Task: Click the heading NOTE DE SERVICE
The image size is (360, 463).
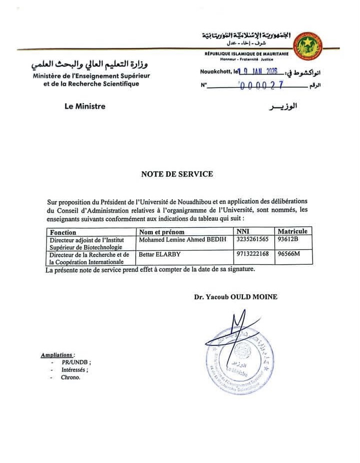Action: tap(177, 174)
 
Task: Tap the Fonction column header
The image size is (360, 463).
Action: tap(63, 232)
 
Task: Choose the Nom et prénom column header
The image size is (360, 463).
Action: tap(162, 232)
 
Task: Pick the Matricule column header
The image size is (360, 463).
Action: tap(293, 231)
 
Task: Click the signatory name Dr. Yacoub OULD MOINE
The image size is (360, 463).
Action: tap(236, 297)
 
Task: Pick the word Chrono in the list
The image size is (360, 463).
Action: tap(71, 377)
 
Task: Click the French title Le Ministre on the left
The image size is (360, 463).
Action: tap(85, 107)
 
